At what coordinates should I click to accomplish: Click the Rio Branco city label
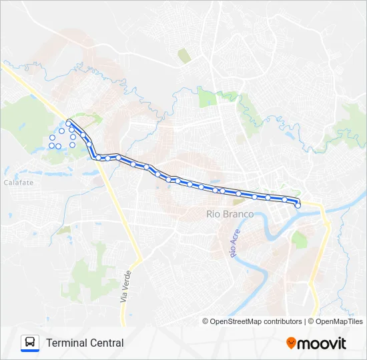[230, 214]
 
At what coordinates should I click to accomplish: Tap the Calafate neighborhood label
[18, 182]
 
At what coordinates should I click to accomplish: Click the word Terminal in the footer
[65, 343]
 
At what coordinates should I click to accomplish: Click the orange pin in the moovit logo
[291, 343]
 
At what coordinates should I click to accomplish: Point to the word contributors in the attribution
[283, 321]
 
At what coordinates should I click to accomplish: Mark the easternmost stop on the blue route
[298, 205]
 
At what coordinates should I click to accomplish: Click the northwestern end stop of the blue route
[68, 123]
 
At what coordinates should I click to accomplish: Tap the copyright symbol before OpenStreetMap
[206, 321]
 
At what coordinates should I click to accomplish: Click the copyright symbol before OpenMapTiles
[311, 321]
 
